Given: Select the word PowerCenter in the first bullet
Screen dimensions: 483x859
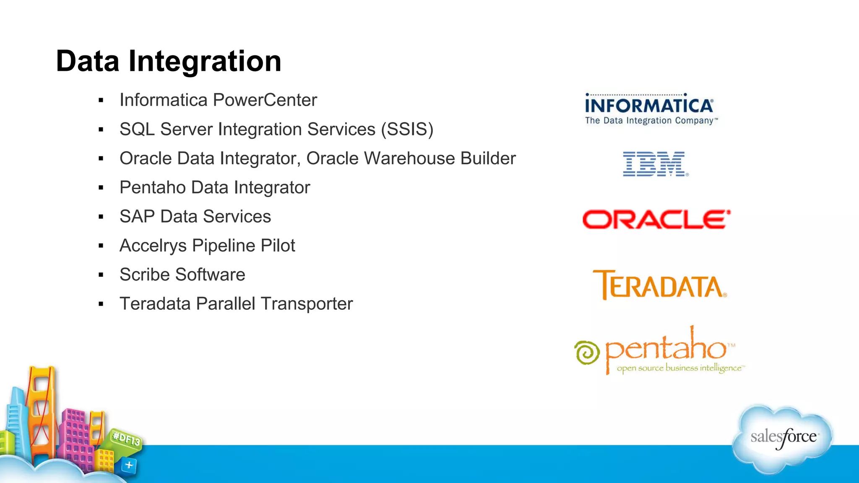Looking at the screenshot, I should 265,100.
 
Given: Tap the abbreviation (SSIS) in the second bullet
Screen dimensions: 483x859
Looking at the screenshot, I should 407,130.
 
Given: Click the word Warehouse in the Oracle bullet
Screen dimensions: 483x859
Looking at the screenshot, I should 409,158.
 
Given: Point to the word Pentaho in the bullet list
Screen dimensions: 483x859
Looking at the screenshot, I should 153,187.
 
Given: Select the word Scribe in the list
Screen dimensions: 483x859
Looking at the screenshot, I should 145,275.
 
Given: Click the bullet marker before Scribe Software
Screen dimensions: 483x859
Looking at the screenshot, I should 101,275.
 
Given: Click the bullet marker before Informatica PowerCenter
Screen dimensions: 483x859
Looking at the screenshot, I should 101,101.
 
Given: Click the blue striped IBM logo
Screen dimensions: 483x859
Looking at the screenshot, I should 654,164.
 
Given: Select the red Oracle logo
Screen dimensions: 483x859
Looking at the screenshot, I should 656,219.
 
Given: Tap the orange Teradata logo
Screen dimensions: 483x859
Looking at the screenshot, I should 659,285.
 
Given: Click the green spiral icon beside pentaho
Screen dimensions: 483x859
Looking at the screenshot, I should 587,353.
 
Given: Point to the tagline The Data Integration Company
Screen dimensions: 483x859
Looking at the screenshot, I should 651,121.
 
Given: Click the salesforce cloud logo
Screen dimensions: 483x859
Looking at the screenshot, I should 783,438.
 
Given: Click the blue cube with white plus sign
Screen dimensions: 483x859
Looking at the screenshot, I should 129,465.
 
